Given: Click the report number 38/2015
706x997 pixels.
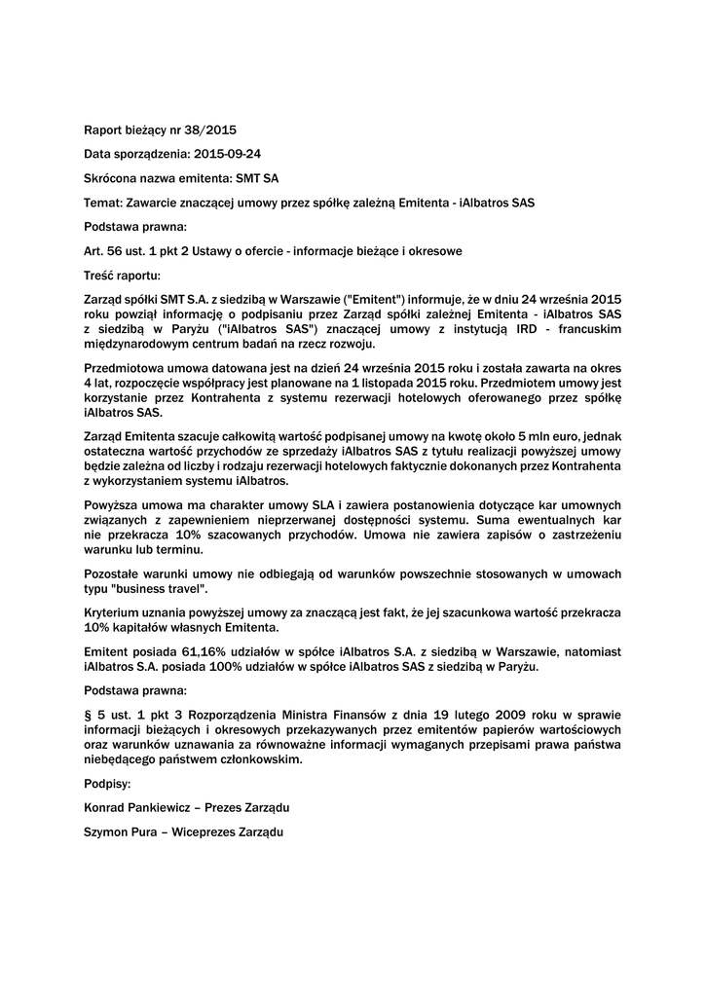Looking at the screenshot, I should [x=211, y=129].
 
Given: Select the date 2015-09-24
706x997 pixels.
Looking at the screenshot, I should [x=228, y=154].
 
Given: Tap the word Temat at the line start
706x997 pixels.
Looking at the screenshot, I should [x=101, y=203].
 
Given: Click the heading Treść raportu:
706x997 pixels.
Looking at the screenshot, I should [x=122, y=276].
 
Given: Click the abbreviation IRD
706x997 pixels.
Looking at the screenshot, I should [x=508, y=330].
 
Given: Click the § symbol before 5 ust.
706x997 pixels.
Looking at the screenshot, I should [x=89, y=716].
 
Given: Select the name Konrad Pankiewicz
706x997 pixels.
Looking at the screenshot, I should [x=138, y=808].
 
